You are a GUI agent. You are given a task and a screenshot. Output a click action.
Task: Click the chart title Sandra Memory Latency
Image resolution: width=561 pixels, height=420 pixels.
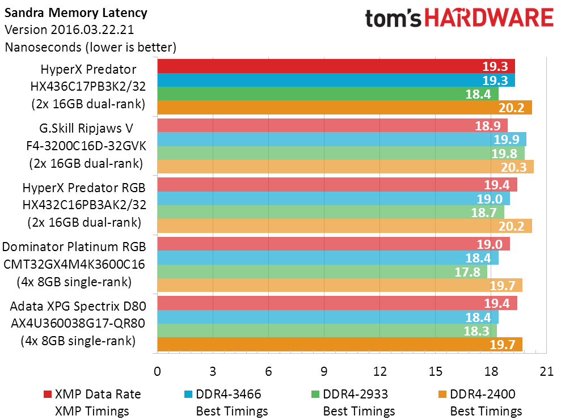pos(76,13)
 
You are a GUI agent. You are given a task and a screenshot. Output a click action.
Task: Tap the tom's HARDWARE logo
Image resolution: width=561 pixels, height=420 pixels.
pos(459,18)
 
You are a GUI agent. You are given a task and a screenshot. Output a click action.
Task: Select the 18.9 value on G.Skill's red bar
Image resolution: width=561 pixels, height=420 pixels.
pos(488,126)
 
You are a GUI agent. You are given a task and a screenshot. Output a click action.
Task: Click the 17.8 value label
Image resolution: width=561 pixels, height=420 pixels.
pos(467,272)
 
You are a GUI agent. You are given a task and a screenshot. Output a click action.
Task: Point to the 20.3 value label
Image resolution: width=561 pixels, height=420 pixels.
pos(513,167)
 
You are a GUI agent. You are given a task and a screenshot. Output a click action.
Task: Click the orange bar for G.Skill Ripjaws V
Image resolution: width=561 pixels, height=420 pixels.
pos(345,167)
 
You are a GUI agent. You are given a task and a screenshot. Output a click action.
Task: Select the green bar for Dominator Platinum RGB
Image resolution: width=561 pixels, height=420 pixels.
pos(322,271)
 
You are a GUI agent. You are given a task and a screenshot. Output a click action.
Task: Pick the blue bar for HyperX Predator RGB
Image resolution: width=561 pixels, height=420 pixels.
pos(334,198)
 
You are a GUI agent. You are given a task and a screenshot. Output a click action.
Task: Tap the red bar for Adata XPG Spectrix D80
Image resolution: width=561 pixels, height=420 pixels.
pos(337,303)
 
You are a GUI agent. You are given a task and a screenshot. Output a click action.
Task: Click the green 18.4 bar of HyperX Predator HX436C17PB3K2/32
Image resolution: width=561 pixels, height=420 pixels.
pos(328,94)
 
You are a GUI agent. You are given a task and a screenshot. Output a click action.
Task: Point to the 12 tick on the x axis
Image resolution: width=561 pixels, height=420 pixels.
pos(379,371)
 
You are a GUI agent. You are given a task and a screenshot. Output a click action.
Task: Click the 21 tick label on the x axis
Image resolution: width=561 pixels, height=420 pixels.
pos(546,371)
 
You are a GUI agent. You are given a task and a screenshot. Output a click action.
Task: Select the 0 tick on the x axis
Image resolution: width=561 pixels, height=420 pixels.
pos(157,371)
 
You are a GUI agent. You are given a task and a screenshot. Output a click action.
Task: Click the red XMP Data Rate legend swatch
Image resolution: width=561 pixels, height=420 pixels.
pos(47,394)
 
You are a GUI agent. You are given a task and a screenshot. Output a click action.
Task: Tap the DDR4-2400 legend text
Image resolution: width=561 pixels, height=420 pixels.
pos(483,394)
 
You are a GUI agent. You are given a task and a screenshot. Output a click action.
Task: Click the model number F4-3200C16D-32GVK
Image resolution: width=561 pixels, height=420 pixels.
pos(86,146)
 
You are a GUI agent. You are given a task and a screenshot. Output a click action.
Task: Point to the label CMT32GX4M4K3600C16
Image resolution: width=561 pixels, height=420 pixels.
pos(74,264)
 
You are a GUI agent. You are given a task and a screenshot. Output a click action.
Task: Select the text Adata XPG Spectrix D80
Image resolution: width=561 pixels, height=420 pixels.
pos(78,306)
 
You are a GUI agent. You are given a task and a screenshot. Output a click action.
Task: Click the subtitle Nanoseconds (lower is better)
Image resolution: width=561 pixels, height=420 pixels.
pos(91,47)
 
